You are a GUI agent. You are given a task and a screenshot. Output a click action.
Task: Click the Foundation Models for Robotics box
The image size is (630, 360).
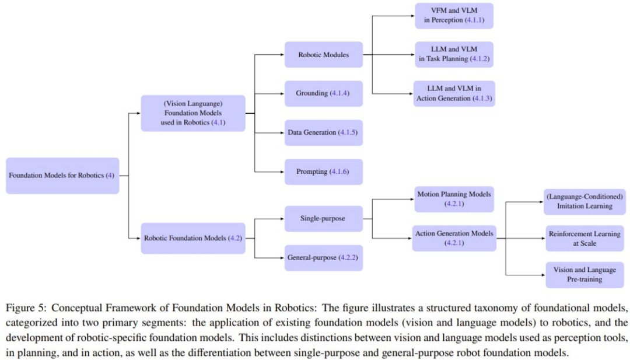pyautogui.click(x=62, y=175)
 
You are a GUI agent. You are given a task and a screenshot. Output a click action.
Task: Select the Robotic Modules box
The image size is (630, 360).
pyautogui.click(x=324, y=55)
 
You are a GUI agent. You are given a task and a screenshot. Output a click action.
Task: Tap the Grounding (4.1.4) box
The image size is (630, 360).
pyautogui.click(x=324, y=93)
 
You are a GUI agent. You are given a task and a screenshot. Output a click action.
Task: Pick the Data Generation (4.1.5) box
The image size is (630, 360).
pyautogui.click(x=324, y=132)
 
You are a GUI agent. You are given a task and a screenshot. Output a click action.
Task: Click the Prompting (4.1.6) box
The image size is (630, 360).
pyautogui.click(x=324, y=172)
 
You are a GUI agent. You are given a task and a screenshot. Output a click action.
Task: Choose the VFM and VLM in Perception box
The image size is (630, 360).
pyautogui.click(x=454, y=16)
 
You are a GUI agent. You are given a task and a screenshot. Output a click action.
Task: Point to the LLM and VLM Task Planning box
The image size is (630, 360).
pyautogui.click(x=454, y=54)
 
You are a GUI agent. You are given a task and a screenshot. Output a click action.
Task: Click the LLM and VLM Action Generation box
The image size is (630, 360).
pyautogui.click(x=454, y=93)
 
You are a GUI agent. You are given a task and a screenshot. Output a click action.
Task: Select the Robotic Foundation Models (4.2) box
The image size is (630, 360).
pyautogui.click(x=193, y=238)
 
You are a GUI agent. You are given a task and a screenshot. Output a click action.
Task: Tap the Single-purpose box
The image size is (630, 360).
pyautogui.click(x=324, y=219)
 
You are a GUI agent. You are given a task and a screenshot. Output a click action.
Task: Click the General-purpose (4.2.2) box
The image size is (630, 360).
pyautogui.click(x=324, y=257)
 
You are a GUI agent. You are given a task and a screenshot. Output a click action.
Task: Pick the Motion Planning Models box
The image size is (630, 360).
pyautogui.click(x=454, y=199)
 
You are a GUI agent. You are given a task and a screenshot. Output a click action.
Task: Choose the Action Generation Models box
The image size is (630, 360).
pyautogui.click(x=454, y=238)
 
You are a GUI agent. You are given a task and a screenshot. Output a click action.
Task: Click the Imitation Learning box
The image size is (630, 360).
pyautogui.click(x=584, y=201)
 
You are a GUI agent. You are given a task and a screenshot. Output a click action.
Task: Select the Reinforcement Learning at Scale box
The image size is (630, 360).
pyautogui.click(x=584, y=238)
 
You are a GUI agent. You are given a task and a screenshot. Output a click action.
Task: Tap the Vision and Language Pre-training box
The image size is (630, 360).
pyautogui.click(x=584, y=275)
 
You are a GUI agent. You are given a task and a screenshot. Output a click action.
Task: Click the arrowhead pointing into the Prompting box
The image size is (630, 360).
pyautogui.click(x=282, y=172)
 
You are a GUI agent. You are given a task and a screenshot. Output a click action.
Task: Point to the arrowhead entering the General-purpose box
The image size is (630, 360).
pyautogui.click(x=282, y=257)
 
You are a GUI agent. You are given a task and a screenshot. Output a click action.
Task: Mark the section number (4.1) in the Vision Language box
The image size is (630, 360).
pyautogui.click(x=218, y=123)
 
